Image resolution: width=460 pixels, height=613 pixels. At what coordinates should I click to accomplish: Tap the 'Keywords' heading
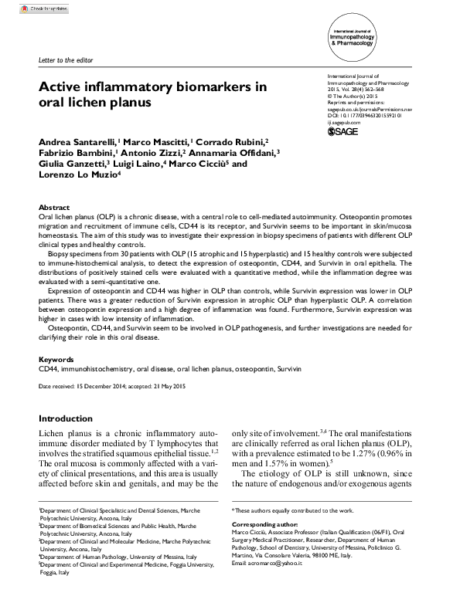tap(56, 360)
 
